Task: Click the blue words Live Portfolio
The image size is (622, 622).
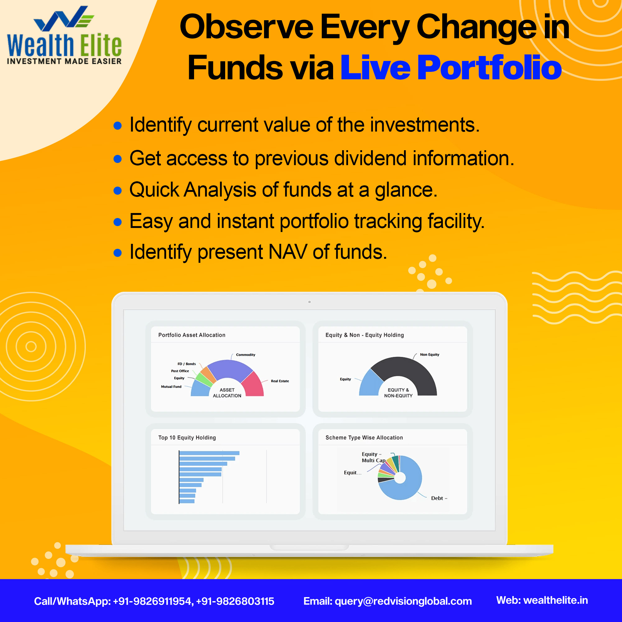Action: coord(451,67)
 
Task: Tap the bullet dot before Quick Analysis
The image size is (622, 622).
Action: coord(118,191)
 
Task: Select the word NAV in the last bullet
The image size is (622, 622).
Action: coord(287,252)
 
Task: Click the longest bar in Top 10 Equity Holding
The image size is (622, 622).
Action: coord(209,453)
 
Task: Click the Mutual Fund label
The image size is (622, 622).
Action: coord(171,387)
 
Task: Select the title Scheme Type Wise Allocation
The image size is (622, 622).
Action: coord(364,438)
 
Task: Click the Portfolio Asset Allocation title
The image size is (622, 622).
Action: coord(192,335)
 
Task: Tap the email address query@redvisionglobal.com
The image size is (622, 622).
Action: coord(403,601)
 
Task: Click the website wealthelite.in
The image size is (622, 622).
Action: coord(556,600)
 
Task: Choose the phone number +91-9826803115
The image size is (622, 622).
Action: coord(235,601)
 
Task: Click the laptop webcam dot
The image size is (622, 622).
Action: coord(309,302)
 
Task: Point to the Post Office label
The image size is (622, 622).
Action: coord(180,371)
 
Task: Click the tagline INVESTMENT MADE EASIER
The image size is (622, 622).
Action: coord(64,61)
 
